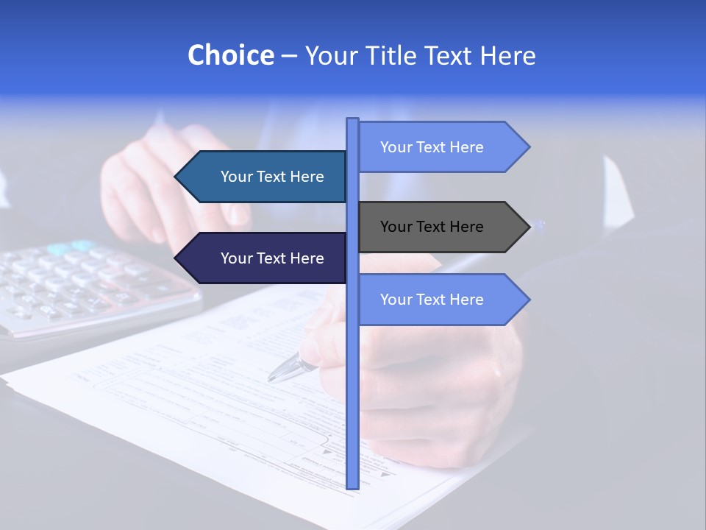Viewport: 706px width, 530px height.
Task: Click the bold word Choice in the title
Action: click(230, 55)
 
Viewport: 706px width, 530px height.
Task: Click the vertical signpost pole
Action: click(352, 383)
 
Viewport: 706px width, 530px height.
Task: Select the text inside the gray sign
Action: click(432, 227)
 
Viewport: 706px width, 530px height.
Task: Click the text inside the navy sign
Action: click(272, 258)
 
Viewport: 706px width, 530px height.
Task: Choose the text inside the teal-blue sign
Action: click(272, 177)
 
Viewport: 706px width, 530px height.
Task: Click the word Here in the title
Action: click(507, 55)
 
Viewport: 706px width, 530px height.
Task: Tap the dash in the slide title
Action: click(289, 56)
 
